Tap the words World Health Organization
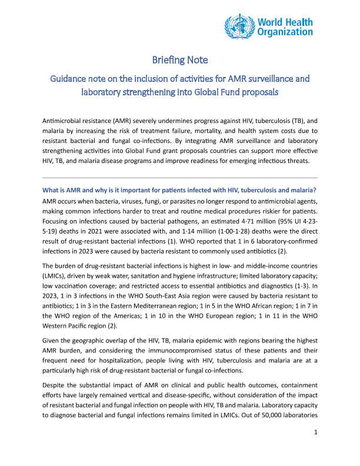pos(286,25)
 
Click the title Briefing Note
pos(180,60)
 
